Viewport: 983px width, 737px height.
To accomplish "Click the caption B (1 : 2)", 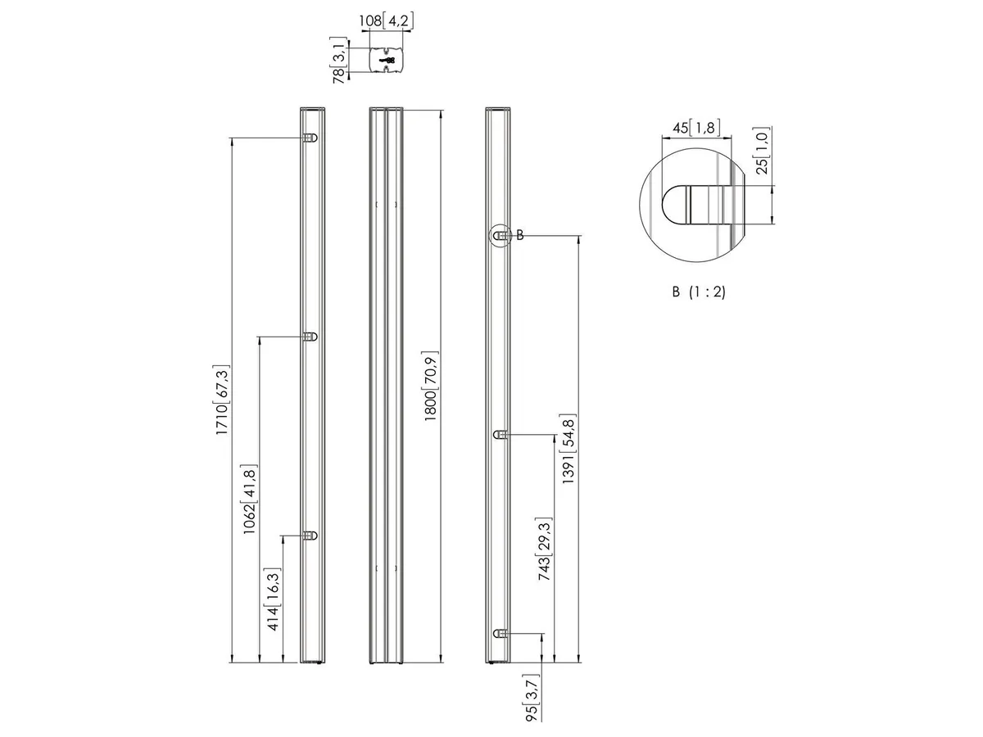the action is [x=699, y=292].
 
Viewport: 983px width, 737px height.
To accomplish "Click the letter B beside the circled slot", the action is [x=520, y=235].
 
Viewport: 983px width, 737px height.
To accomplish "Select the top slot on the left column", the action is [x=310, y=138].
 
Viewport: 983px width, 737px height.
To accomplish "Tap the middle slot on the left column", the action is [x=310, y=337].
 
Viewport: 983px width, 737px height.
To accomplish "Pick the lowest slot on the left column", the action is [x=310, y=536].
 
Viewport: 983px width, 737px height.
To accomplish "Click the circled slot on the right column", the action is [x=501, y=235].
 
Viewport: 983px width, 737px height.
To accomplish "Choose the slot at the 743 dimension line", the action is [x=501, y=435].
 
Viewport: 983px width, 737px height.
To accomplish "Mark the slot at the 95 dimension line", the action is [x=501, y=633].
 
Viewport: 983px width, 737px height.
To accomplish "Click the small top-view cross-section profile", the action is [x=386, y=60].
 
